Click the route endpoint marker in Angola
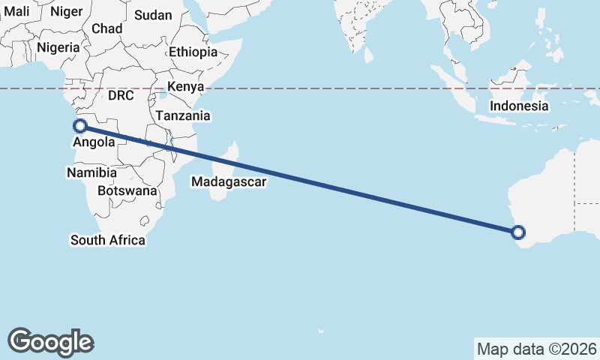(x=79, y=126)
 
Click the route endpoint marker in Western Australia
(x=519, y=232)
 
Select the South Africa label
(x=108, y=240)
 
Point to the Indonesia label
(x=519, y=106)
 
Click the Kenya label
(x=186, y=87)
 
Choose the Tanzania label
(x=183, y=116)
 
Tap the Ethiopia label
(x=193, y=52)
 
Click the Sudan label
(x=152, y=15)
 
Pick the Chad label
(x=106, y=28)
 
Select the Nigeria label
(x=58, y=47)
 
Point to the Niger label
(x=66, y=11)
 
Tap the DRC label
(x=120, y=96)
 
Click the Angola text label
(x=94, y=142)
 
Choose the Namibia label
(x=91, y=172)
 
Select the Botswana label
(x=131, y=190)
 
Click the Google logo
(x=50, y=342)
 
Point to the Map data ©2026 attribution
(x=537, y=349)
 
